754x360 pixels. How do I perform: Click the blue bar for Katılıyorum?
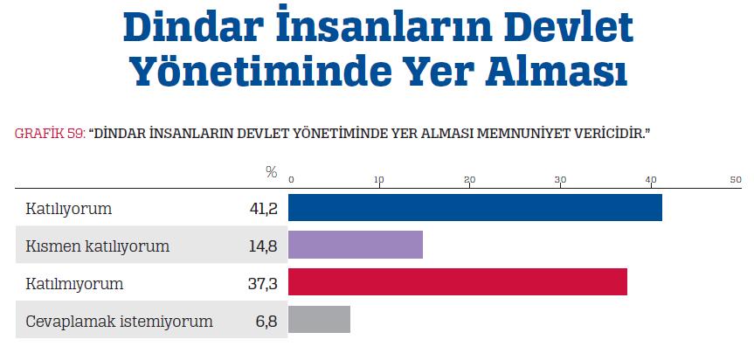[x=474, y=208]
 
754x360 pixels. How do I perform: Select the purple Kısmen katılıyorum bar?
[x=355, y=246]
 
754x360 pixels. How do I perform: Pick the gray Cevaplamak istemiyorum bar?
[x=319, y=320]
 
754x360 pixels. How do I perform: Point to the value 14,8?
[x=262, y=246]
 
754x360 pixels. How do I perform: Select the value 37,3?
[x=262, y=284]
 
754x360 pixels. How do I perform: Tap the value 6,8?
[x=266, y=322]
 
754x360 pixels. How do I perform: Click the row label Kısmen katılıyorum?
[x=98, y=246]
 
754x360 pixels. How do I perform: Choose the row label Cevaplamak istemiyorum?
[x=120, y=322]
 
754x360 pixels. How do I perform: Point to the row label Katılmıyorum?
[x=75, y=284]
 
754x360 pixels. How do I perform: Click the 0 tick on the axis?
[x=292, y=180]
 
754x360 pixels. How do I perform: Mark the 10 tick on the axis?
[x=379, y=180]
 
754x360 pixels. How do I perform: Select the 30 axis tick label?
[x=560, y=180]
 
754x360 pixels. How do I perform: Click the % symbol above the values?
[x=271, y=173]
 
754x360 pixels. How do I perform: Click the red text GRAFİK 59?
[x=50, y=133]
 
